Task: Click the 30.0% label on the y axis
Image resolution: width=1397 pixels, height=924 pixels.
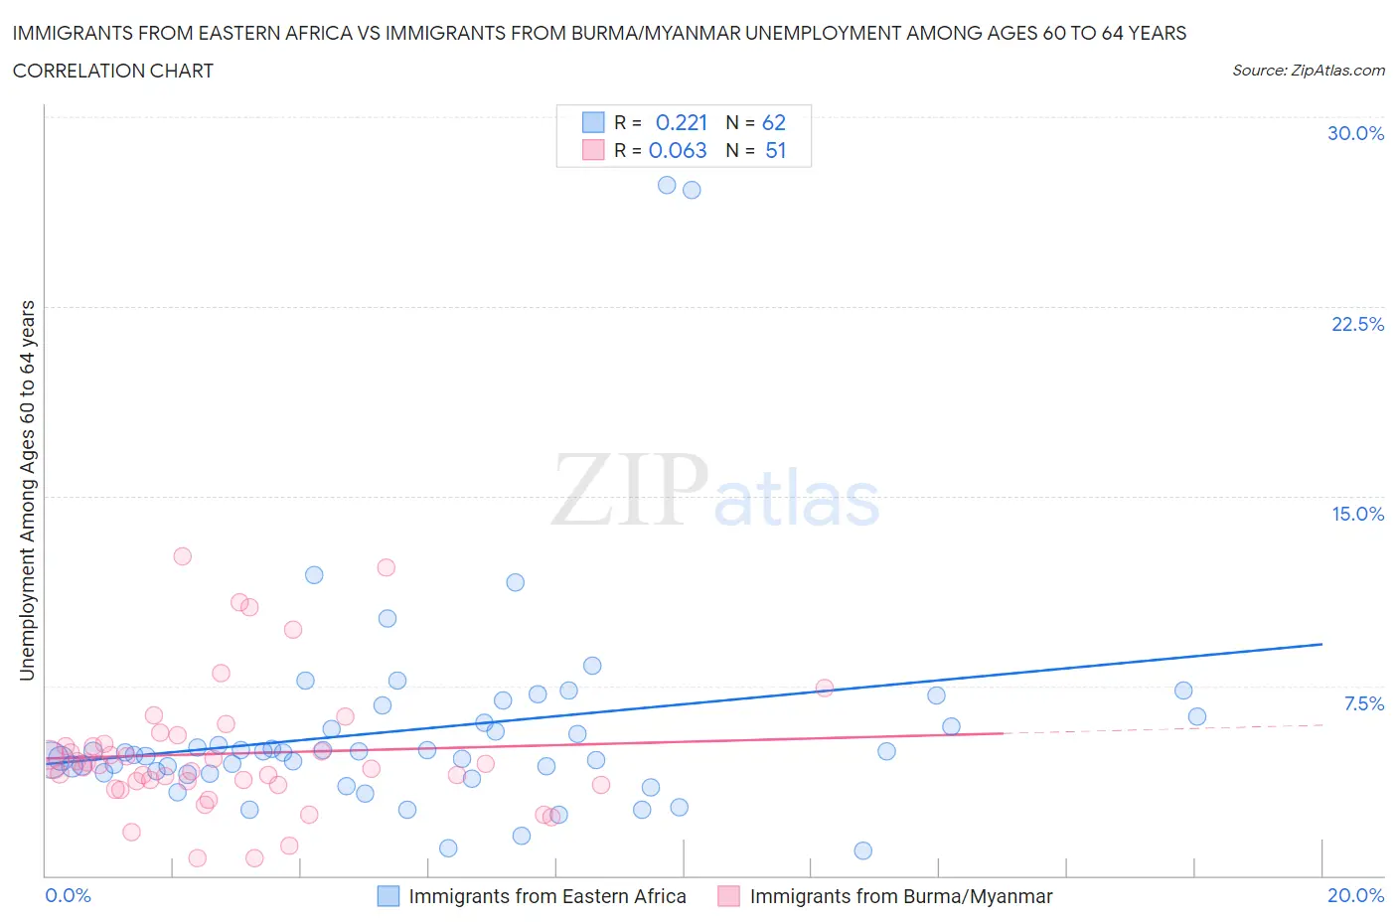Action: (x=1355, y=133)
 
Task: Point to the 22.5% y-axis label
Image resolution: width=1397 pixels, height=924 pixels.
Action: (x=1357, y=324)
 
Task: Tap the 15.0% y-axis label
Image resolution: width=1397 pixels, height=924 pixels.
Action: (x=1357, y=514)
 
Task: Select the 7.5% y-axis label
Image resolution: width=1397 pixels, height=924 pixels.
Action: (x=1363, y=703)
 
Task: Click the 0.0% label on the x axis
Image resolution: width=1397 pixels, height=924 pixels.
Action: (x=68, y=895)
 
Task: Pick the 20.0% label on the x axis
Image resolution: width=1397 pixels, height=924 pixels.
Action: (x=1355, y=895)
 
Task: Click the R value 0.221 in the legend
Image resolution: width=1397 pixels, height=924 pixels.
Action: (x=681, y=122)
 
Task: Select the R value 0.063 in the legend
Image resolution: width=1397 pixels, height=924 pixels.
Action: (x=678, y=150)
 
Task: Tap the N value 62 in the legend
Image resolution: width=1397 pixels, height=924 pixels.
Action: (x=773, y=122)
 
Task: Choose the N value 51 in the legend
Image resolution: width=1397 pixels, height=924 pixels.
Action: (x=775, y=150)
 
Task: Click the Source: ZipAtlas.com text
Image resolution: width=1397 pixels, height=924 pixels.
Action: (x=1308, y=70)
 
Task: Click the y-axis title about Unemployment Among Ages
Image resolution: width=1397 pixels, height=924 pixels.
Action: (x=27, y=490)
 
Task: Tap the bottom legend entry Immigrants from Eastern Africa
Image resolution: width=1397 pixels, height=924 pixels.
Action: (x=546, y=896)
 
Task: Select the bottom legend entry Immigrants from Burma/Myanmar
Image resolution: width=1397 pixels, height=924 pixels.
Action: (x=900, y=896)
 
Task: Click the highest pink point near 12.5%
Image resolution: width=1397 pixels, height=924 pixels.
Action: (x=182, y=556)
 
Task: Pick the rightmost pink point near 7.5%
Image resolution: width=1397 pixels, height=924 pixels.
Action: (x=824, y=688)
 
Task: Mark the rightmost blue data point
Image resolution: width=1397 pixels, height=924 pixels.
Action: (x=1196, y=716)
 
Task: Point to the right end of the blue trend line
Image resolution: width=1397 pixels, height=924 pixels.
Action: (x=1321, y=644)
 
